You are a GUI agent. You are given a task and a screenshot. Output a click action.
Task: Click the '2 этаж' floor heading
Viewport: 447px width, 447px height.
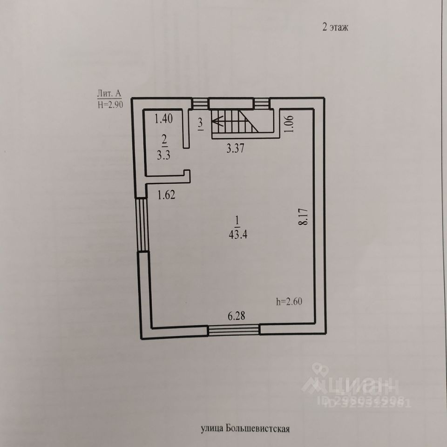(335, 27)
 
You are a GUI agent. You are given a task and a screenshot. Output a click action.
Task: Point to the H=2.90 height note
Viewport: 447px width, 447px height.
(110, 104)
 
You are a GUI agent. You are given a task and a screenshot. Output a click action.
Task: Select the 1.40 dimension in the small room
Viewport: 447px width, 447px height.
(163, 119)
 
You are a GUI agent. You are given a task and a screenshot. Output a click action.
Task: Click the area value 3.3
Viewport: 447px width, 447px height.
(163, 156)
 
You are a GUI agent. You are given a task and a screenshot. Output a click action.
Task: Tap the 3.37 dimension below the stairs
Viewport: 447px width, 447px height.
(235, 149)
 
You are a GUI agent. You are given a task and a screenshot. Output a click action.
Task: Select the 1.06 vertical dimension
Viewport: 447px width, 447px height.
(289, 123)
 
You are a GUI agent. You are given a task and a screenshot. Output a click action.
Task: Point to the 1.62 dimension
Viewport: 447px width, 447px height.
(166, 196)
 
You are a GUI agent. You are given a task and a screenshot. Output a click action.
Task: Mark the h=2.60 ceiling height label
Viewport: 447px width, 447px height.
(289, 301)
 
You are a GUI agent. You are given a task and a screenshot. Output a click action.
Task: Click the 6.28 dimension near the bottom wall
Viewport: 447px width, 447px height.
(236, 317)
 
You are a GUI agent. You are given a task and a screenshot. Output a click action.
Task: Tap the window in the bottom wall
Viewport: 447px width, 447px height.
(233, 330)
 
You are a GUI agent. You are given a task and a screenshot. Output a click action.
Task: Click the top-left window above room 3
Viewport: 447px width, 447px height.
(200, 103)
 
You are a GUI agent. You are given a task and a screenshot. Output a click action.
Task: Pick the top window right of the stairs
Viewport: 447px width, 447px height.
(261, 103)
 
